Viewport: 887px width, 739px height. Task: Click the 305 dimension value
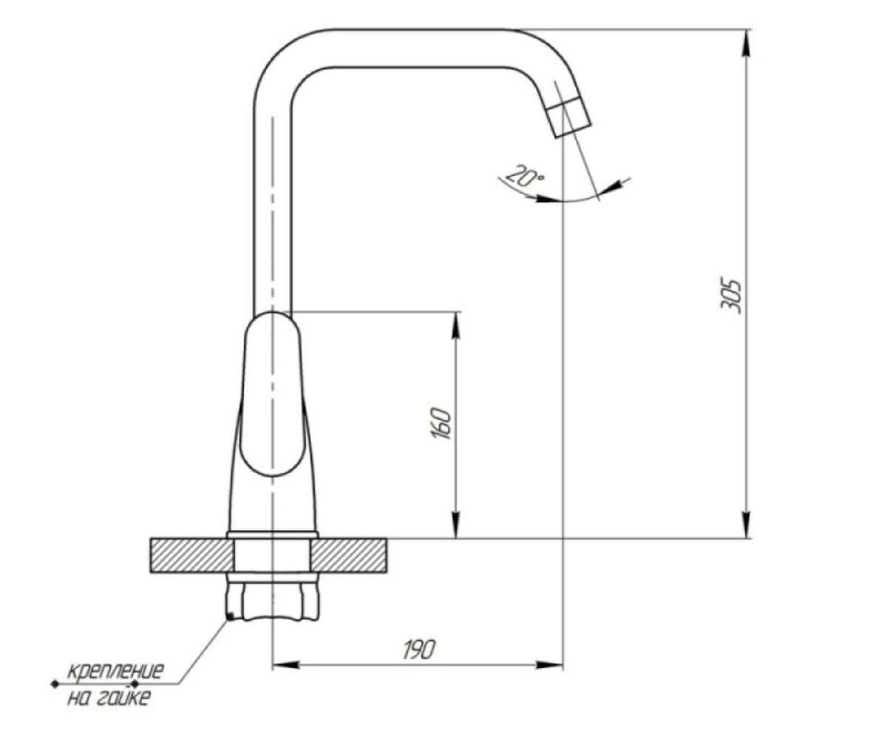tap(731, 296)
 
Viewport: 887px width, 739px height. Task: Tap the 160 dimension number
tap(441, 423)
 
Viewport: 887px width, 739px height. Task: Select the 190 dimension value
tap(419, 650)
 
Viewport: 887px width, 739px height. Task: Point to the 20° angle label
tap(525, 175)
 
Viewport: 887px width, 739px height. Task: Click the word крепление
tap(115, 671)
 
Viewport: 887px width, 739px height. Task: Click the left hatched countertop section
tap(191, 556)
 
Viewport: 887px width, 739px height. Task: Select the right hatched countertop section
tap(348, 556)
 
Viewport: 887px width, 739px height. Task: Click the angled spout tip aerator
tap(568, 116)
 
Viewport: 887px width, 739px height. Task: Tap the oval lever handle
tap(272, 394)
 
